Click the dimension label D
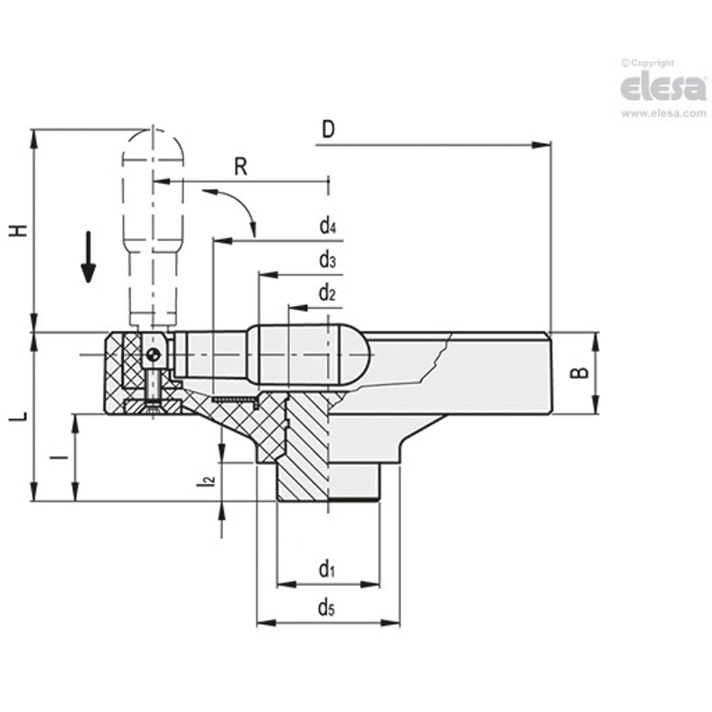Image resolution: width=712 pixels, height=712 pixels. point(328,128)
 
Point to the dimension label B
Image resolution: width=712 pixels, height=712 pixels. point(580,372)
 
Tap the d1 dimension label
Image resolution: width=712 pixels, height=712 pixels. point(326,569)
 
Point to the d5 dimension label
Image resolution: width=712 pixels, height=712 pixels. point(326,608)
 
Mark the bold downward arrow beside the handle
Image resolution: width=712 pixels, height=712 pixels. point(88,257)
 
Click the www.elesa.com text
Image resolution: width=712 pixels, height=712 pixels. point(663,113)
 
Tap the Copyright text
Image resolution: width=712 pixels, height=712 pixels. point(647,63)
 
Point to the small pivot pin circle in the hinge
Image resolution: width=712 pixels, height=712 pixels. point(153,355)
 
